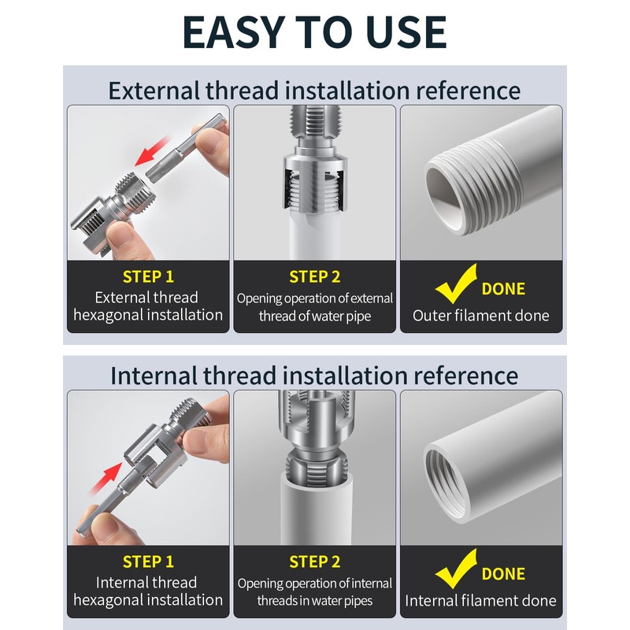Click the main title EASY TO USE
[314, 31]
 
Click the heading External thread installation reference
[314, 90]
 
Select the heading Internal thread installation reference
[314, 375]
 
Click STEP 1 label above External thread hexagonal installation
[148, 277]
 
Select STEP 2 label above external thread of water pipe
[314, 277]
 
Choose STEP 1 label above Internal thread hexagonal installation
[148, 562]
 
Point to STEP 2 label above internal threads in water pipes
[314, 562]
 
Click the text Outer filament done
[481, 316]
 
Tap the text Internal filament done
[481, 601]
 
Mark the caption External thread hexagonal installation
[148, 306]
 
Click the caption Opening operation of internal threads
[314, 592]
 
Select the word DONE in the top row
[503, 289]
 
